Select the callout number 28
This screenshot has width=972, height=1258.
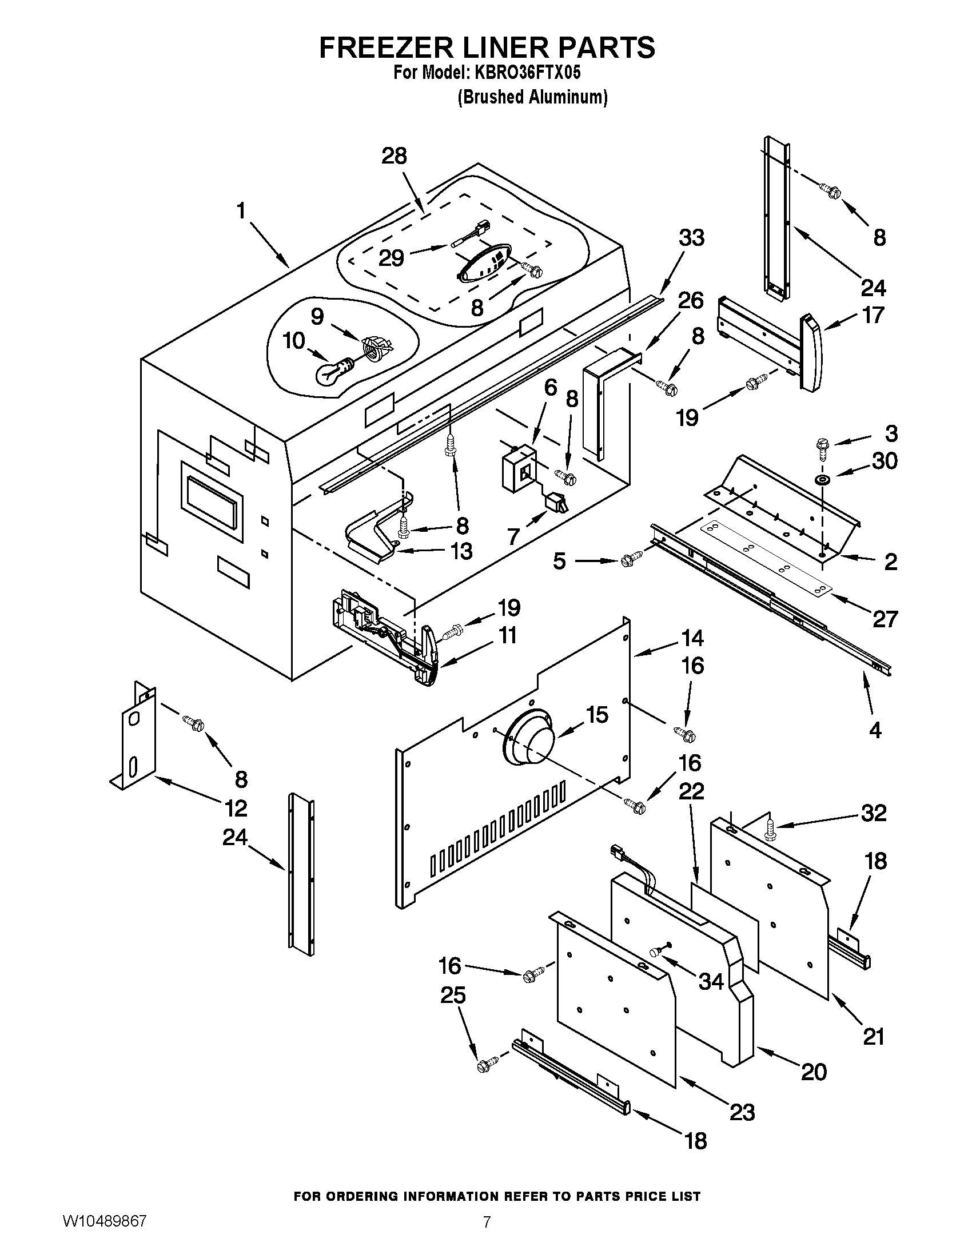(395, 156)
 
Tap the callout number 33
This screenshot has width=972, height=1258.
(691, 237)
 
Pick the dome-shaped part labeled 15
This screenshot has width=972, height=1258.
(527, 740)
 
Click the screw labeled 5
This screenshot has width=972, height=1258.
(630, 559)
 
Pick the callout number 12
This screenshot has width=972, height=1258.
(236, 808)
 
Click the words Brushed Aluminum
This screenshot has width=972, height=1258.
(533, 97)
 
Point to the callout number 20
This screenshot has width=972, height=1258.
(814, 1072)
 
